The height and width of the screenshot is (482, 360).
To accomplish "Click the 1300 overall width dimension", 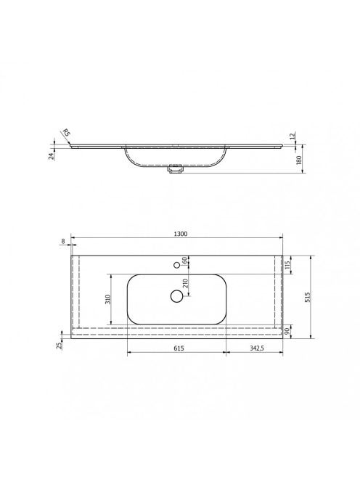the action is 181,234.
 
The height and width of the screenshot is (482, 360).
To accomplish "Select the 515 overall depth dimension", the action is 308,297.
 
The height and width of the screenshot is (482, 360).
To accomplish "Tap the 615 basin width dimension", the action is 179,348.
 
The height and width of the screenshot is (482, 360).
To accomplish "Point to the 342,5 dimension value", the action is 257,348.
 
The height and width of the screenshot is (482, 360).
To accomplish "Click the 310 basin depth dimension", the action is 107,299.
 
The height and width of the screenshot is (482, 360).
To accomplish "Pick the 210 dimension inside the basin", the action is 185,283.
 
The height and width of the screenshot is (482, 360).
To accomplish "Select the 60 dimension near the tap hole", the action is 185,260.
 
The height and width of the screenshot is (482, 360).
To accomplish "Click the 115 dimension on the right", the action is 287,265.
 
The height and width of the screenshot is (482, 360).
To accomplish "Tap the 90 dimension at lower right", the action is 287,331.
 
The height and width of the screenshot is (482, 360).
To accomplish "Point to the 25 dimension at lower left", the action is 60,345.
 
